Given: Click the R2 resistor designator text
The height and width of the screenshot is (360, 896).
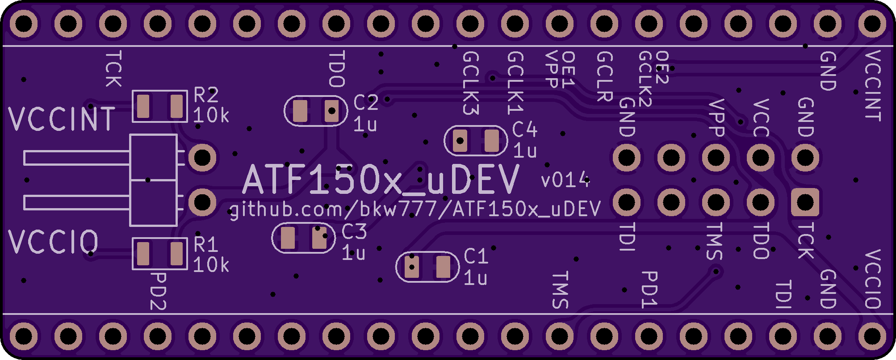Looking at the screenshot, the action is pyautogui.click(x=206, y=95).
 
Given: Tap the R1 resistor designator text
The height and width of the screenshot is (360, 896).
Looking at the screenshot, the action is pyautogui.click(x=206, y=245).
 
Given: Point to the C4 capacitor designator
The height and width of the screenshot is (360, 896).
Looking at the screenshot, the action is pyautogui.click(x=525, y=130).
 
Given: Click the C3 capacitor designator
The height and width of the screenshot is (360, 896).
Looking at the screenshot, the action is pyautogui.click(x=354, y=231).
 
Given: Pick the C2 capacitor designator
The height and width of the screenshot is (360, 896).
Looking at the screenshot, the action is pyautogui.click(x=366, y=103).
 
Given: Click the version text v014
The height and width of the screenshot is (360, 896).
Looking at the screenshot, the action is pyautogui.click(x=565, y=180).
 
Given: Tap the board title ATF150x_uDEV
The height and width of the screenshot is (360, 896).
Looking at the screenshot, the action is pyautogui.click(x=381, y=179).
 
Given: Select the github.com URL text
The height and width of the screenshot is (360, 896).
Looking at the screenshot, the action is pyautogui.click(x=415, y=209).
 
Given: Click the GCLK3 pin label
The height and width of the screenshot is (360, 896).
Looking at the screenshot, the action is pyautogui.click(x=471, y=83).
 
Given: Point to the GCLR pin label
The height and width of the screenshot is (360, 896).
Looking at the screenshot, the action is pyautogui.click(x=604, y=76).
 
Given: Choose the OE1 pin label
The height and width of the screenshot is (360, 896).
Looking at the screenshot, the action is pyautogui.click(x=568, y=69).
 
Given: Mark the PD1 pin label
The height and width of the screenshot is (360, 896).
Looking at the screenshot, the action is pyautogui.click(x=649, y=289).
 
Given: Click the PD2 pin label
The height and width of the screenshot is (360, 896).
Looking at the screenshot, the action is pyautogui.click(x=158, y=292).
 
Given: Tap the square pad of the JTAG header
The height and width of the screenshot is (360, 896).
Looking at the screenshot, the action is pyautogui.click(x=805, y=202).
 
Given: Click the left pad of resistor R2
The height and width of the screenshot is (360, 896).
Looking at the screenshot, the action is pyautogui.click(x=143, y=106).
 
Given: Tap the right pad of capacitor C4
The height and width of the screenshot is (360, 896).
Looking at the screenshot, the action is pyautogui.click(x=491, y=141).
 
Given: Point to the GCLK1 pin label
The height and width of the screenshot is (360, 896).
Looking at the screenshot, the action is pyautogui.click(x=515, y=83).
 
